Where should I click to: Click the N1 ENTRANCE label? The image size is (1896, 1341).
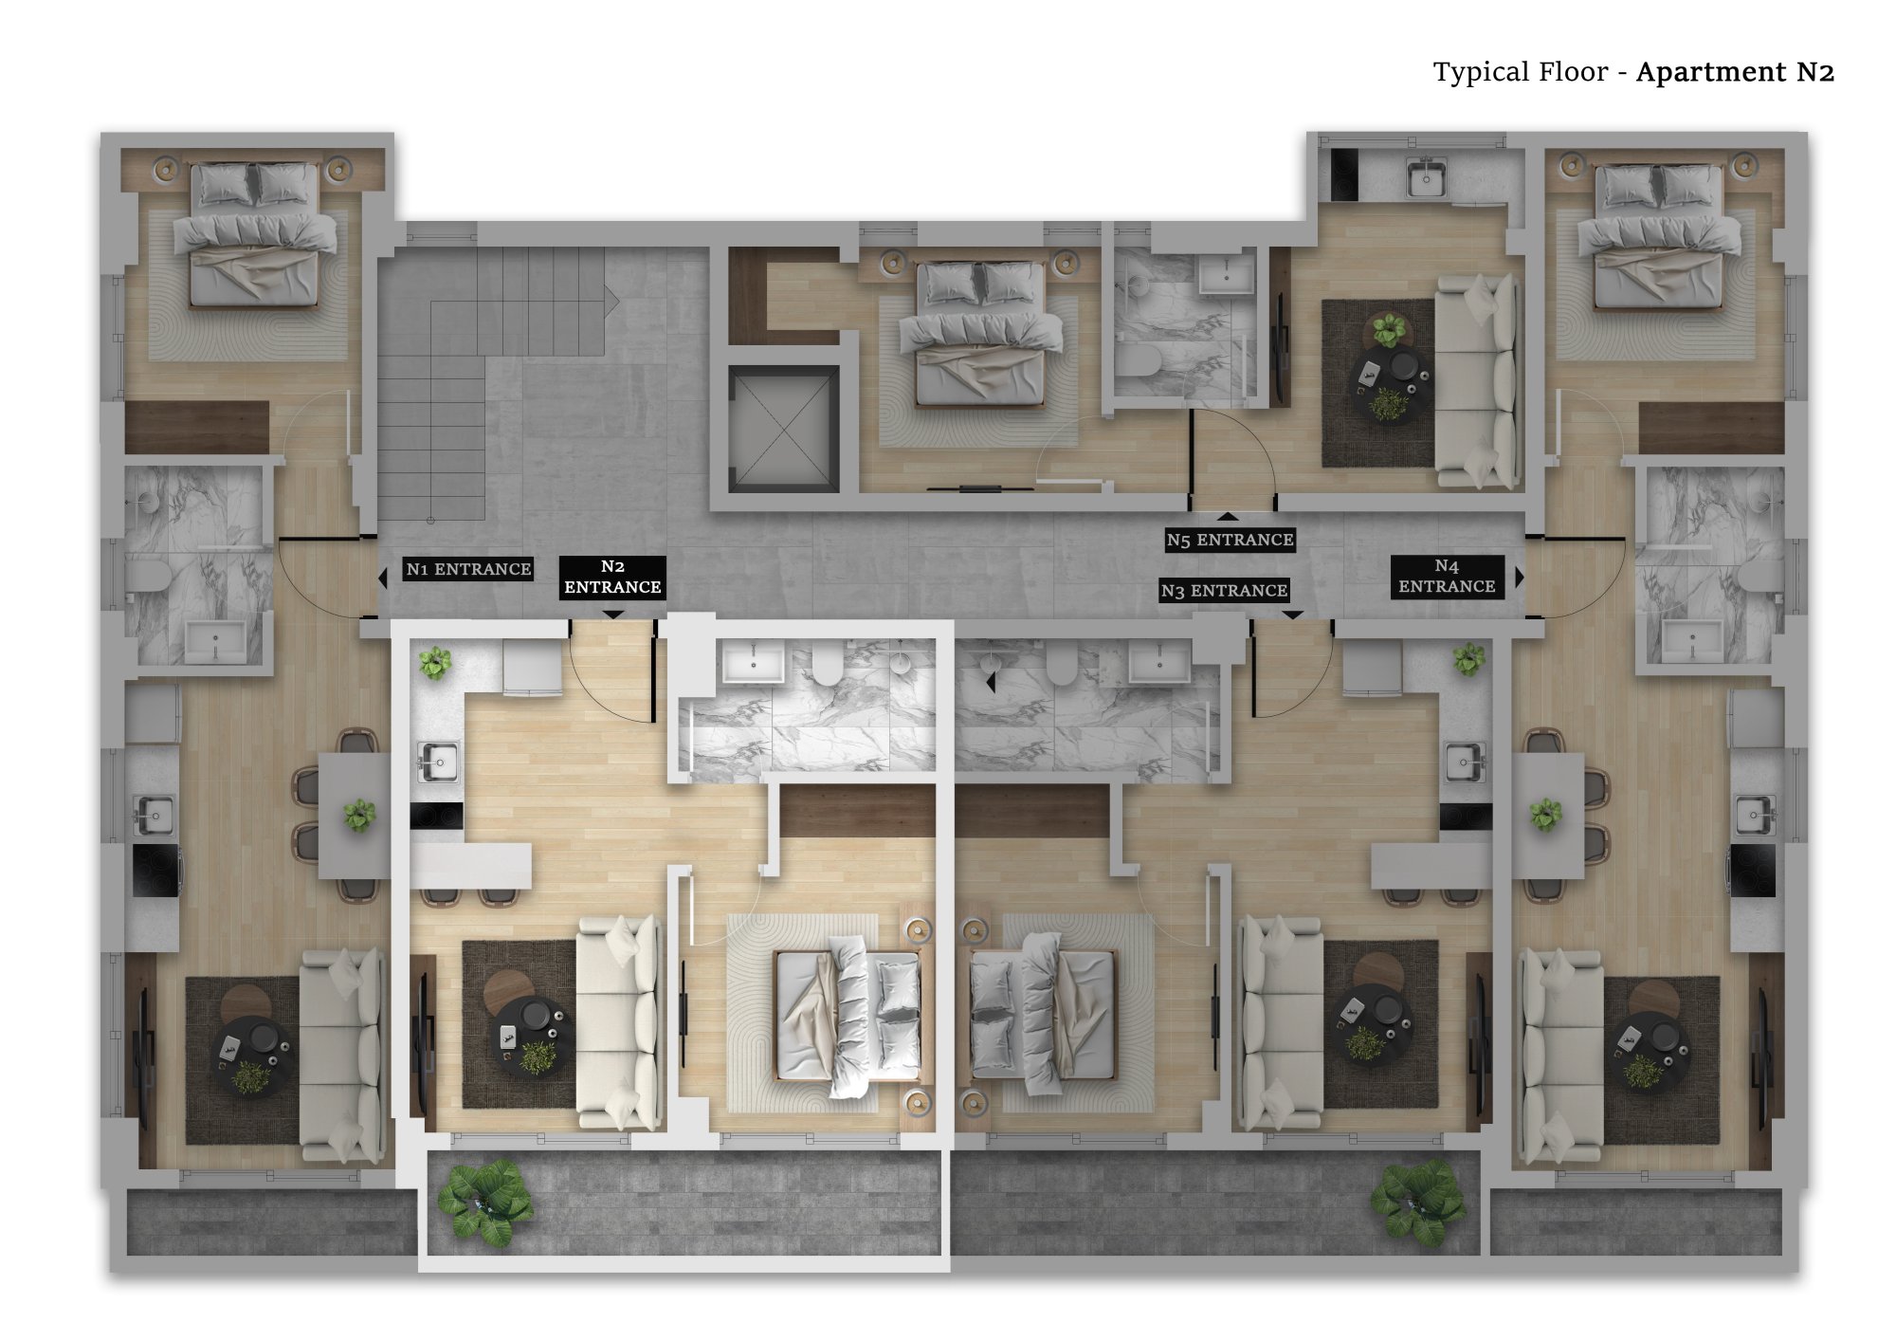tap(468, 569)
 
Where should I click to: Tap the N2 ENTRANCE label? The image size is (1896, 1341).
tap(612, 578)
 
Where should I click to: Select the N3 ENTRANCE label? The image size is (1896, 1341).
tap(1224, 591)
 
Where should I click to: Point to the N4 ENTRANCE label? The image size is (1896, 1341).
tap(1447, 577)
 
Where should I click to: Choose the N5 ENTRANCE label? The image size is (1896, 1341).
tap(1230, 540)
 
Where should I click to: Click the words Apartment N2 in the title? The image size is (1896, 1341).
tap(1735, 72)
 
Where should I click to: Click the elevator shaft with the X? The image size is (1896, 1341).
tap(783, 428)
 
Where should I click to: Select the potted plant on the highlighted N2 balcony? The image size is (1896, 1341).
tap(485, 1201)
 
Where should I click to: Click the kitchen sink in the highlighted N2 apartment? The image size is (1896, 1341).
tap(438, 762)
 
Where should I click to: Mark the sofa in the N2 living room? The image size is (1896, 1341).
tap(618, 1021)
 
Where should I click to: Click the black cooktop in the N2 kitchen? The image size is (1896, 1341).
tap(436, 816)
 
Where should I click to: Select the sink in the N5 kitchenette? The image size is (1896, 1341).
tap(1425, 177)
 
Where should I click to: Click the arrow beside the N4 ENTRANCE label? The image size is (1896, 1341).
tap(1519, 577)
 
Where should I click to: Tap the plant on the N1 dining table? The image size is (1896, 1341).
tap(359, 815)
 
